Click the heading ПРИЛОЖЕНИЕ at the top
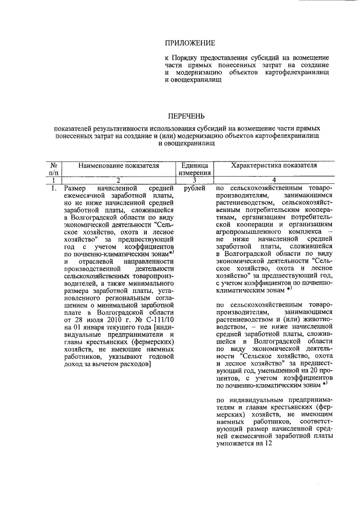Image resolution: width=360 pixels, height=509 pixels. pos(190,43)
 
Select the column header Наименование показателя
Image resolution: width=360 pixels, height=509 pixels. pos(119,166)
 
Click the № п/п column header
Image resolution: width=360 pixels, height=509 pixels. pos(55,169)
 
